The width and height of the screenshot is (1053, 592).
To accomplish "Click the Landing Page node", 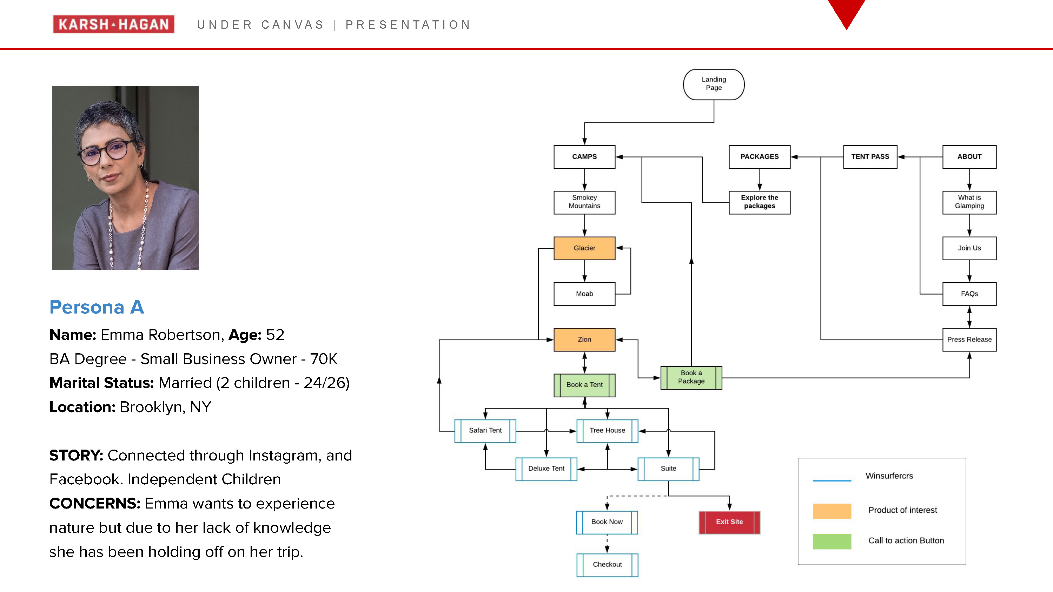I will (713, 84).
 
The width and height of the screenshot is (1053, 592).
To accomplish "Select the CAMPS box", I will (584, 156).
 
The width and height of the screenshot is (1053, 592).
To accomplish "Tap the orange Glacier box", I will (584, 248).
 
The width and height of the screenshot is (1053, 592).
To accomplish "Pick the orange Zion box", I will (584, 339).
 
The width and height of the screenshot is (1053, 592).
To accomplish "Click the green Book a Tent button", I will (584, 385).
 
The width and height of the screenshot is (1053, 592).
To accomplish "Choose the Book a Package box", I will (691, 377).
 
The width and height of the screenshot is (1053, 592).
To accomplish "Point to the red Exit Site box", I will (729, 522).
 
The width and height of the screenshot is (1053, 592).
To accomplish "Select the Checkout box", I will (607, 565).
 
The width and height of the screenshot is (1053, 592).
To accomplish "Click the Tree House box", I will (607, 431).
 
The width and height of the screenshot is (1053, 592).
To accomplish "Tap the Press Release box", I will (969, 339).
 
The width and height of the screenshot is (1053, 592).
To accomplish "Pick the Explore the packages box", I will (760, 202).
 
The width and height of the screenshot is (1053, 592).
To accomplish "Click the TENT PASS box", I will (870, 156).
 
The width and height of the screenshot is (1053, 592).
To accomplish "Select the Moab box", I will (584, 294).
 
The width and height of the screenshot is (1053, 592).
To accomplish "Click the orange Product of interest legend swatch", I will (832, 511).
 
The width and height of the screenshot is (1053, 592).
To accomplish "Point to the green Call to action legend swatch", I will (832, 541).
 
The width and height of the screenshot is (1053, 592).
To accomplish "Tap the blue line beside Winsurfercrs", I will (832, 480).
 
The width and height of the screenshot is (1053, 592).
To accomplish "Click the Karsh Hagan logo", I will (113, 24).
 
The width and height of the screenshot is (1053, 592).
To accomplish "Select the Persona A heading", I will (97, 307).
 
